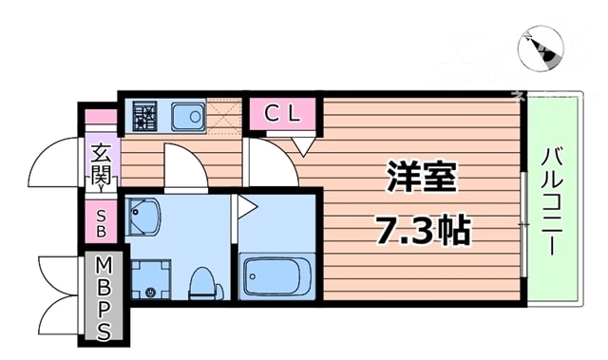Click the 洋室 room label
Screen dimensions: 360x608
[x=423, y=178]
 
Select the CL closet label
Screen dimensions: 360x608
[x=282, y=113]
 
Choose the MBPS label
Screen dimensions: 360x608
[x=104, y=296]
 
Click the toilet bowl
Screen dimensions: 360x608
[x=201, y=283]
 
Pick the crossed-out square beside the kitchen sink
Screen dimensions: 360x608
[x=226, y=117]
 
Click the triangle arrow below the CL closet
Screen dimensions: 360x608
[x=303, y=145]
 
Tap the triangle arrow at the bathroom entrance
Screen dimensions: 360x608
[x=245, y=204]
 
